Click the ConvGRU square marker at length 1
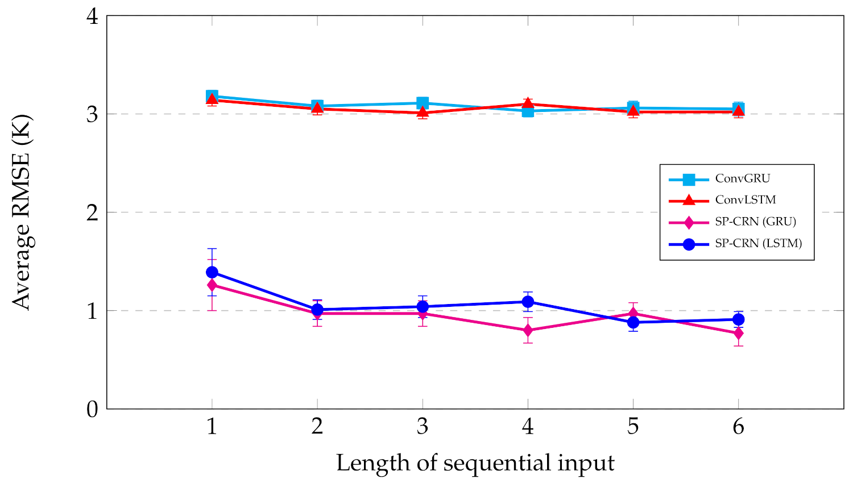212,96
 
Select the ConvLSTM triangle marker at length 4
528,103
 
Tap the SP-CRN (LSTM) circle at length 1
212,272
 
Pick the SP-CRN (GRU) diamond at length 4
528,330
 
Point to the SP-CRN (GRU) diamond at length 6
738,333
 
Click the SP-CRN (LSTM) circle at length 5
633,322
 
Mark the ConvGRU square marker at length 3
423,103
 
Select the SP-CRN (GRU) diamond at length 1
212,285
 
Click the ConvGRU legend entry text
742,178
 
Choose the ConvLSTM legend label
745,200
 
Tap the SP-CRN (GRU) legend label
755,222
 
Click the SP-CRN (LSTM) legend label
758,243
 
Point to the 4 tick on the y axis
93,16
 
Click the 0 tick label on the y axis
93,409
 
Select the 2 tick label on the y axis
93,213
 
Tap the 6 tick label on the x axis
738,426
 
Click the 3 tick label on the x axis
423,426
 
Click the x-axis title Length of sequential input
475,463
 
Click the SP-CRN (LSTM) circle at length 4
528,302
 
